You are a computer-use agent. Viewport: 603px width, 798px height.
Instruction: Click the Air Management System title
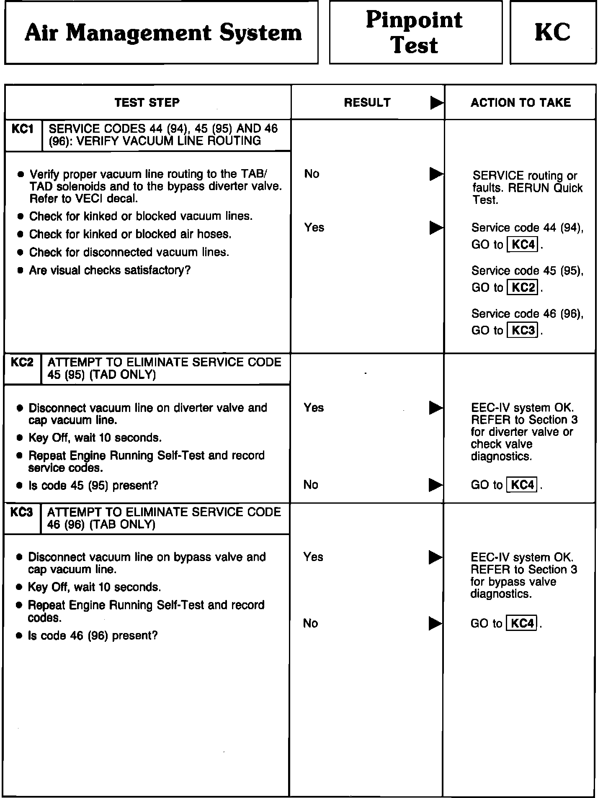point(163,33)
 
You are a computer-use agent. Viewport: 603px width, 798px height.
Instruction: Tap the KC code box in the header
point(552,32)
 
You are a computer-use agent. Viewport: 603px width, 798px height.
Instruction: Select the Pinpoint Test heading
point(415,32)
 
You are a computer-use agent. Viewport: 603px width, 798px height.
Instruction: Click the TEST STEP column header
point(147,103)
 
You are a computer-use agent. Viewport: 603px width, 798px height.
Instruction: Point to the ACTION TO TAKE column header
point(521,103)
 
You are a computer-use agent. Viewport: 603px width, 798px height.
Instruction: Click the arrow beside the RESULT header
point(436,103)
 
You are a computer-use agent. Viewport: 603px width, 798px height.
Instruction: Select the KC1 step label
point(23,129)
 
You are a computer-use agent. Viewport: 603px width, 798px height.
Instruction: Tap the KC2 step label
point(22,362)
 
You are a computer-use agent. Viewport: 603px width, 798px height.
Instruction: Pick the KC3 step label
point(21,512)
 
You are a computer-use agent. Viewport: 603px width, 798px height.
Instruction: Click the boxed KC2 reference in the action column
point(523,288)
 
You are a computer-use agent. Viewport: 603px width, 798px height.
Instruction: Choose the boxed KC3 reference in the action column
point(523,330)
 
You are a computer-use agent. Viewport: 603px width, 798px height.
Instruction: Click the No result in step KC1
point(312,174)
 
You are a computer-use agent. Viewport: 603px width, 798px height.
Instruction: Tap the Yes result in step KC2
point(314,407)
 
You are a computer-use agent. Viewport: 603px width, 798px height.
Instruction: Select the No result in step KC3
point(310,623)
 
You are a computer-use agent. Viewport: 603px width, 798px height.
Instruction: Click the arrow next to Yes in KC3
point(435,557)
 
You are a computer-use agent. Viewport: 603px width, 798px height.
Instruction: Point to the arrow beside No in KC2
point(435,485)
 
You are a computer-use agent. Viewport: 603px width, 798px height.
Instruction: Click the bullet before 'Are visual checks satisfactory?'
point(20,270)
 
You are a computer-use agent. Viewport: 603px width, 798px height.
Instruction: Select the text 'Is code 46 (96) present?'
point(93,636)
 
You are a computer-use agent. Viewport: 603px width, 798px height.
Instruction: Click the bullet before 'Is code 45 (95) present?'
point(19,486)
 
